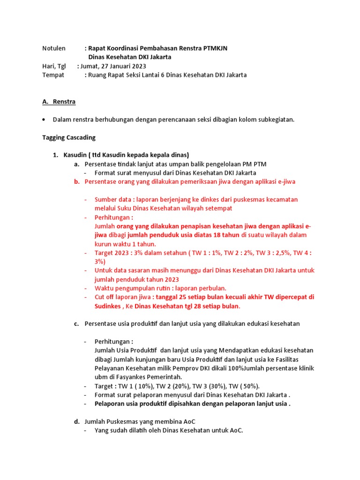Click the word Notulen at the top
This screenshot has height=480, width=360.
coord(53,48)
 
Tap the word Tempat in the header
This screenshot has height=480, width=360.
coord(53,75)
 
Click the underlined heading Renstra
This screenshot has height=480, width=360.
coord(64,102)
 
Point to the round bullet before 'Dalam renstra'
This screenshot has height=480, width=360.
coord(44,120)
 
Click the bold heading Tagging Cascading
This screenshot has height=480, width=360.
coord(68,137)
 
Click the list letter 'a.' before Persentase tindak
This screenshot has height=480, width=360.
coord(76,164)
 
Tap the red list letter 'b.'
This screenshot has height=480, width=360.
coord(76,181)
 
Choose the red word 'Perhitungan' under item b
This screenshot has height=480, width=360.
coord(113,217)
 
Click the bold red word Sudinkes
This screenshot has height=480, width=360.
coord(108,306)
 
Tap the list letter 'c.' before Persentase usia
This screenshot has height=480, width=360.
coord(76,324)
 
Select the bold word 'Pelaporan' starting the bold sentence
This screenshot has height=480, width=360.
coord(110,404)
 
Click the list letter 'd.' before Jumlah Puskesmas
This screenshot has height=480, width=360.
coord(76,422)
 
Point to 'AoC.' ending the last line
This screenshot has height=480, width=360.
coord(236,430)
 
